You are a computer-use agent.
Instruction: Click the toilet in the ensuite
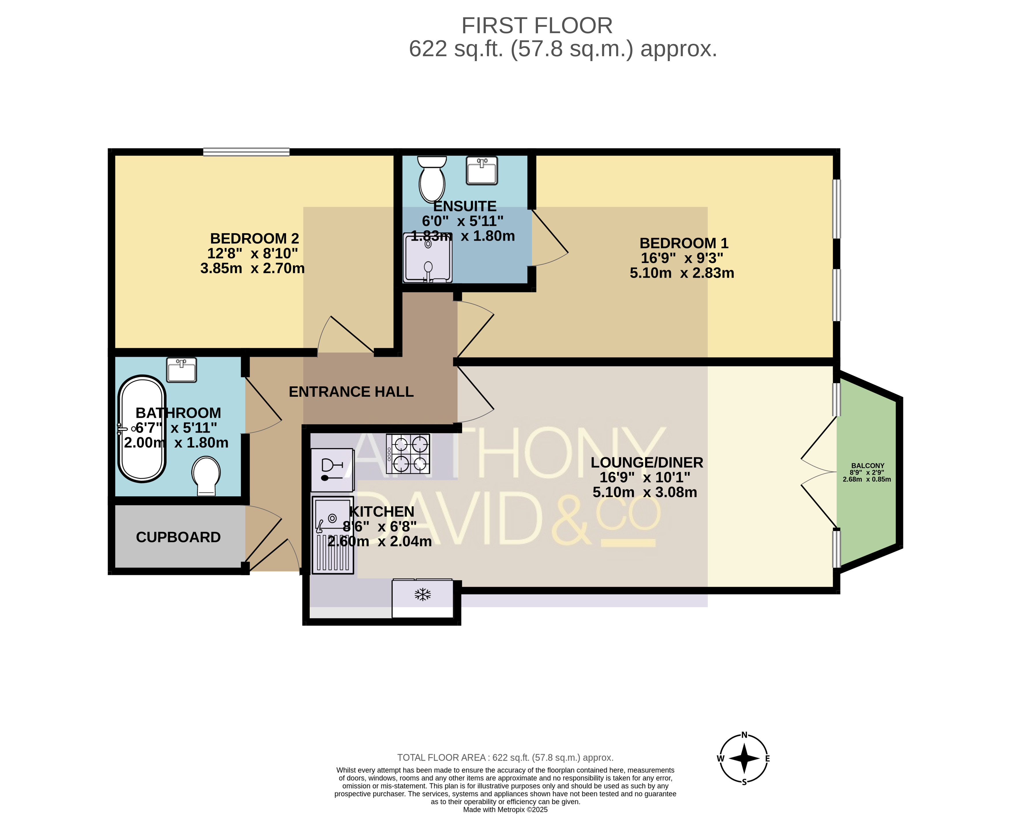(432, 179)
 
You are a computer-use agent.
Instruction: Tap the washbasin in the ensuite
(482, 170)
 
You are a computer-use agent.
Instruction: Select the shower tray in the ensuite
(428, 258)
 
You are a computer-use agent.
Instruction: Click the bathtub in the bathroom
(142, 428)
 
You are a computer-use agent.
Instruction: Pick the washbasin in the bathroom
(182, 370)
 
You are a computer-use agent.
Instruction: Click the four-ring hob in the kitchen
(408, 454)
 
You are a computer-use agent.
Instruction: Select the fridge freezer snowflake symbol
(422, 594)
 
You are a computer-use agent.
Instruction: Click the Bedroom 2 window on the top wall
(246, 152)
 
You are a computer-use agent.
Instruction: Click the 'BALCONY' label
(867, 466)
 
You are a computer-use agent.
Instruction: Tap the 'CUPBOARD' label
(178, 537)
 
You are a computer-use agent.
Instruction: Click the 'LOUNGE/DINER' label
(647, 462)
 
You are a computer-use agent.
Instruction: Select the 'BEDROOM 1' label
(684, 243)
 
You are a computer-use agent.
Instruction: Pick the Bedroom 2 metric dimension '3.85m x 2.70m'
(253, 268)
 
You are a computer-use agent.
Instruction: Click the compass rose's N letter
(744, 735)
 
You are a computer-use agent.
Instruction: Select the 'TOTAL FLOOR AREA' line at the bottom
(505, 757)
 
